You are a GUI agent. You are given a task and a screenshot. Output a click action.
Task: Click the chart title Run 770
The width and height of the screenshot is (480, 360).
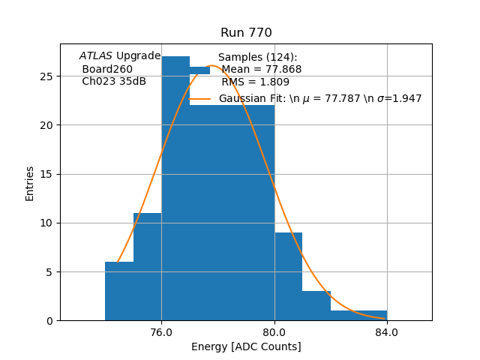click(246, 33)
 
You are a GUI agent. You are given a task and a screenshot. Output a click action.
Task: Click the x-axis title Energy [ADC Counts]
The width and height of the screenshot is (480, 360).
click(246, 346)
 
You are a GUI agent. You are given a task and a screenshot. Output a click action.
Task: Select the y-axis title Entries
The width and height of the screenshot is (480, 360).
click(30, 183)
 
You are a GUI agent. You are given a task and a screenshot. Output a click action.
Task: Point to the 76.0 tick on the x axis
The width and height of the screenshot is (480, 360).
click(161, 331)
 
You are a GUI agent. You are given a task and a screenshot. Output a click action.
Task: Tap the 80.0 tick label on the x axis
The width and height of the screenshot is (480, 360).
click(274, 331)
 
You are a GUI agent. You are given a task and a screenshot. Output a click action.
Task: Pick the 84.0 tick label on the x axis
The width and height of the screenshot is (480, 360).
click(387, 331)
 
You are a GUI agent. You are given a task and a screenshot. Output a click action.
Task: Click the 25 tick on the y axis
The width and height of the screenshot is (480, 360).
click(46, 76)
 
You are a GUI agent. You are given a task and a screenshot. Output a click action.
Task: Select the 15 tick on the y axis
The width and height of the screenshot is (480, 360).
click(46, 174)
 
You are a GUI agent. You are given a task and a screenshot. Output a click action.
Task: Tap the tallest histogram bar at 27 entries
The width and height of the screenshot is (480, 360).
click(175, 195)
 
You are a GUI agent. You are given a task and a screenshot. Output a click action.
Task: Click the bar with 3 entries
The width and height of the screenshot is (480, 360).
click(316, 305)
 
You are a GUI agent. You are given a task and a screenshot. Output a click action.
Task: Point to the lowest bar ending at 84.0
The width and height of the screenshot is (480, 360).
click(358, 316)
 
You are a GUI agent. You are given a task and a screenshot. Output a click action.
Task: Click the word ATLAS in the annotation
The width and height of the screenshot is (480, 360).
click(96, 56)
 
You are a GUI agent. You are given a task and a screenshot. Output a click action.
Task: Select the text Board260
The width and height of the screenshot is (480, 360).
click(107, 69)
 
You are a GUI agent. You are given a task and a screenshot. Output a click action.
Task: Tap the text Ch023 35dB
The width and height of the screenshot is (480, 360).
click(114, 81)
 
